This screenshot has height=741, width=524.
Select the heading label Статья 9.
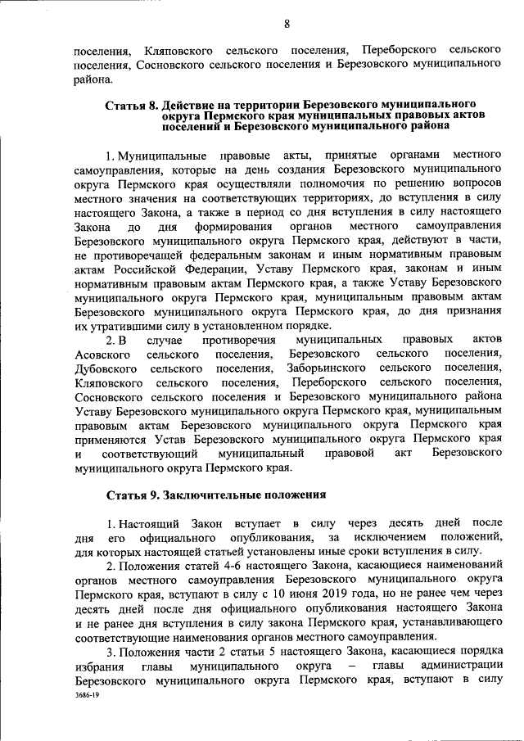[x=132, y=495]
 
